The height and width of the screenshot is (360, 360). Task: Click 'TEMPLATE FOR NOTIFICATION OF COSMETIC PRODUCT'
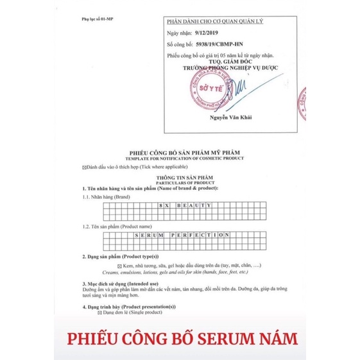[179, 157]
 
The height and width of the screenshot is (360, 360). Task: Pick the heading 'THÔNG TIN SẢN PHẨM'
[179, 175]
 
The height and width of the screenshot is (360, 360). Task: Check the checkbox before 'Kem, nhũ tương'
[119, 264]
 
